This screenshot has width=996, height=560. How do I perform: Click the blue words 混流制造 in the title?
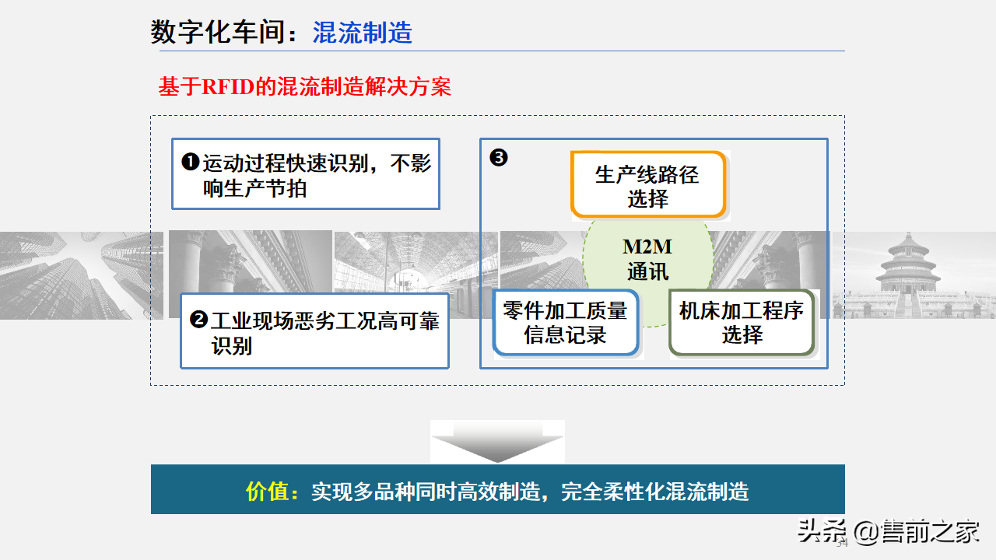pos(362,33)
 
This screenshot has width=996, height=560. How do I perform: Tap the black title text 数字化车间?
pos(223,33)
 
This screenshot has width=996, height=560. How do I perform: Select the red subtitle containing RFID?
pos(304,86)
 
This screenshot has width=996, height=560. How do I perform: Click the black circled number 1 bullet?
pos(190,163)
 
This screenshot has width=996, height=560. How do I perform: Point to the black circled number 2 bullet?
pos(198,319)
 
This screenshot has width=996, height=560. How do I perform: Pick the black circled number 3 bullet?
pos(498,158)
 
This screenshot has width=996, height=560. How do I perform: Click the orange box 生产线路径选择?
pos(647,185)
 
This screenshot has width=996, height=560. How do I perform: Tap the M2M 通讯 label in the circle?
pos(647,260)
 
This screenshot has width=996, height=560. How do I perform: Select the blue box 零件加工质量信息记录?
pos(565,323)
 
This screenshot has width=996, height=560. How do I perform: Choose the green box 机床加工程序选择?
pos(741,322)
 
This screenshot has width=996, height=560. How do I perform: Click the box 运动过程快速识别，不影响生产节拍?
pos(305,174)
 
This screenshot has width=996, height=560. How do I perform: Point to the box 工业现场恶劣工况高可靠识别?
pos(314,331)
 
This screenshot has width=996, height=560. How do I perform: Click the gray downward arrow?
pos(497,444)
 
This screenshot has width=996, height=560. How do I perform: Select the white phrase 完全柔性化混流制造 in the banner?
pos(654,492)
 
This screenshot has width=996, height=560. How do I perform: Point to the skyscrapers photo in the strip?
pos(78,275)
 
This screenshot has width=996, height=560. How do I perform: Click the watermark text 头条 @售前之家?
pos(888,533)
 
